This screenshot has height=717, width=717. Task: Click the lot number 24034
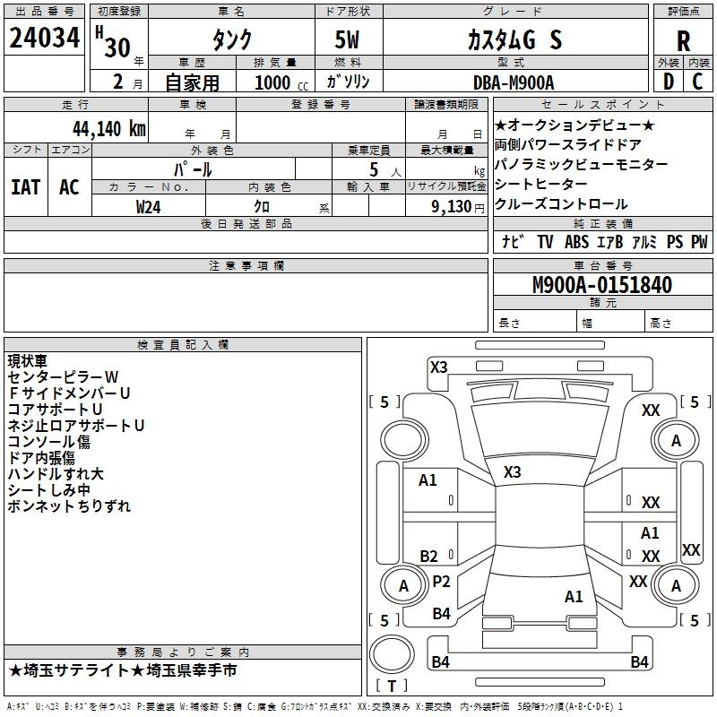(x=45, y=40)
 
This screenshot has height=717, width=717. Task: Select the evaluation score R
(x=683, y=41)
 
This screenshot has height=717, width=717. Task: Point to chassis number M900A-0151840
(x=601, y=285)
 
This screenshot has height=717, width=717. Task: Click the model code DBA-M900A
(x=514, y=82)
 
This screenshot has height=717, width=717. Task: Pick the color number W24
(x=149, y=206)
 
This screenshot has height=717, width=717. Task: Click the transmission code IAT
(x=25, y=187)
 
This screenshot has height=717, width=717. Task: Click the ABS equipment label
(x=577, y=242)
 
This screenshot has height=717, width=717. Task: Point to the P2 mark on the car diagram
(x=441, y=582)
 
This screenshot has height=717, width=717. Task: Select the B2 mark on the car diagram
(x=428, y=556)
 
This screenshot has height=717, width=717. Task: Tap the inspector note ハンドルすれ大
(x=56, y=473)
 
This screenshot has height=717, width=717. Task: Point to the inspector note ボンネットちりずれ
(x=69, y=505)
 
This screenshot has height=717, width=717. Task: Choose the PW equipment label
(x=699, y=242)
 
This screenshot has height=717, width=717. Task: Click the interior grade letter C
(x=698, y=82)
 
